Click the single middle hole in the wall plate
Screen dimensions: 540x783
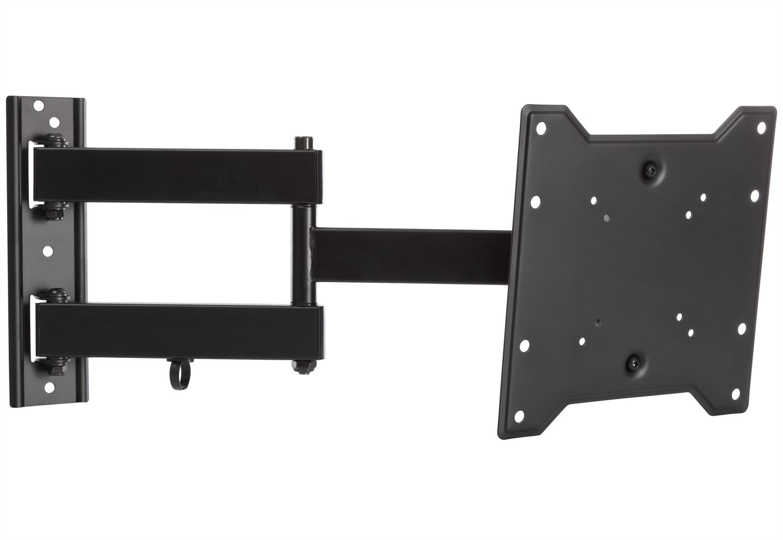coord(49,251)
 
